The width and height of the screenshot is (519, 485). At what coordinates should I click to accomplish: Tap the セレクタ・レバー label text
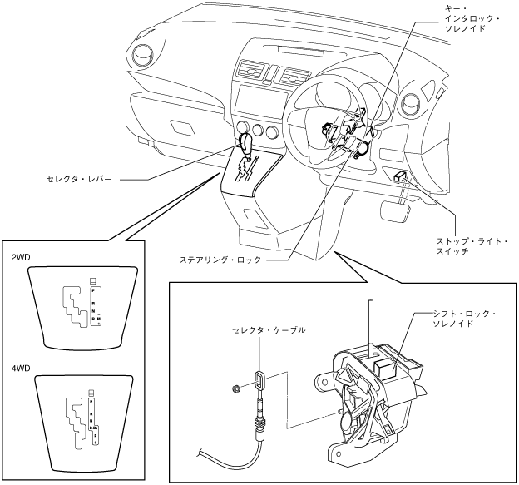click(x=82, y=178)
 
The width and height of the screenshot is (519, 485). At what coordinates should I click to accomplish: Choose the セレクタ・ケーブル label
click(x=269, y=330)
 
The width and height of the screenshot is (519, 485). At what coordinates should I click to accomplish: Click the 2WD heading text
click(x=21, y=259)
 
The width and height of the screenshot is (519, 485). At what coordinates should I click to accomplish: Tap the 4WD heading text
click(x=21, y=364)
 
